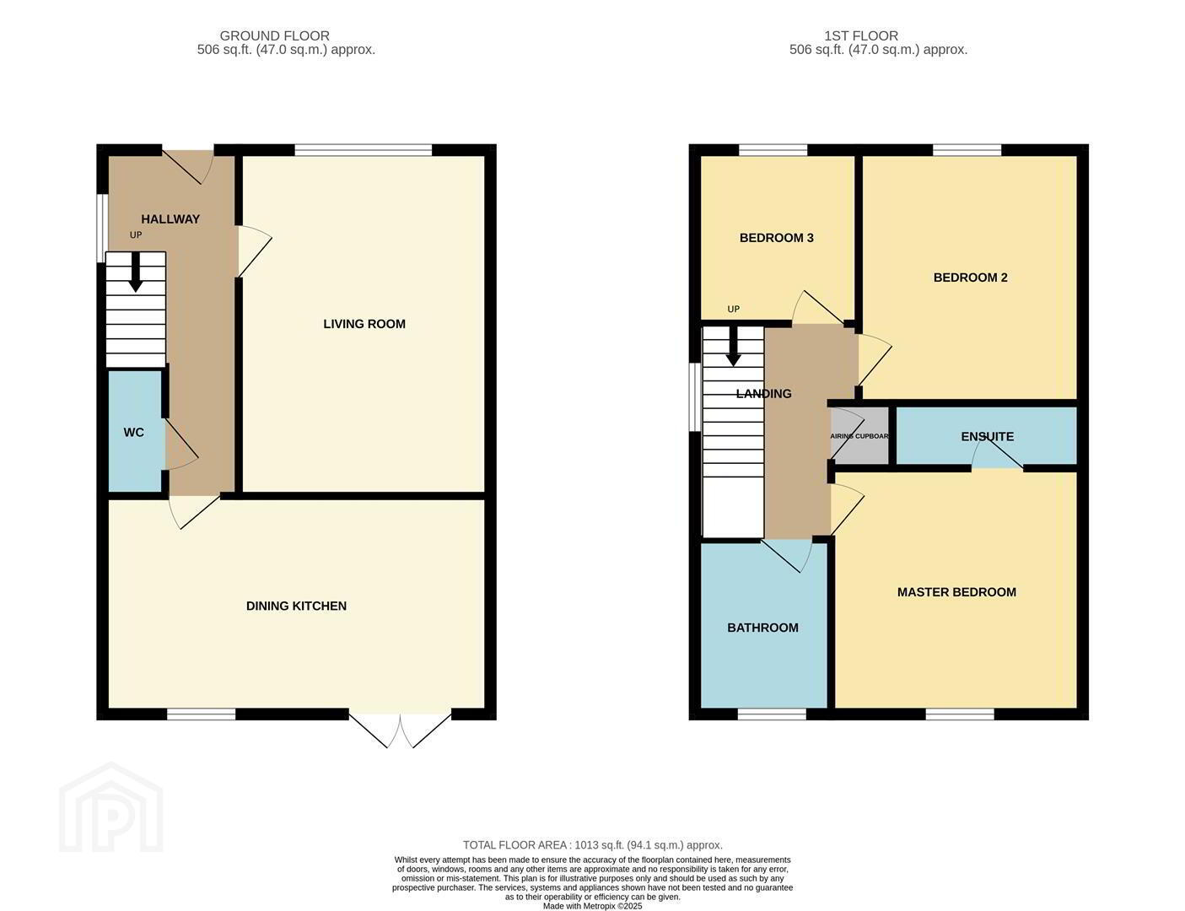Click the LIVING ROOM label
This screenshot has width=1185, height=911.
coord(364,324)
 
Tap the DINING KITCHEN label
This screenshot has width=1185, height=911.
coord(296,606)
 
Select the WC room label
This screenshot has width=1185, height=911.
coord(133,433)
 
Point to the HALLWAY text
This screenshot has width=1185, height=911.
coord(170,219)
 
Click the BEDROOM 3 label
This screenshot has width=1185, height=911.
coord(777,238)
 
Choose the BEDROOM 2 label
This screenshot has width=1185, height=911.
coord(970,278)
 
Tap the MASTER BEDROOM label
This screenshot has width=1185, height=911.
coord(956,592)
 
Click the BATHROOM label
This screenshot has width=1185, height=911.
coord(762,628)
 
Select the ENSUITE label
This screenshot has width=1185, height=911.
coord(987,436)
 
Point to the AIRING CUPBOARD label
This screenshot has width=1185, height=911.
coord(859,436)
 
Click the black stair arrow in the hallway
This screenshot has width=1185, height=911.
coord(135,272)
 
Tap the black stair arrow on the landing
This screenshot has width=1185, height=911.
coord(734,346)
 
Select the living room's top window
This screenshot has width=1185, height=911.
coord(364,149)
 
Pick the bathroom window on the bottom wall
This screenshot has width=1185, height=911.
coord(772,714)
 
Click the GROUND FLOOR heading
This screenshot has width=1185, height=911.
coord(274,36)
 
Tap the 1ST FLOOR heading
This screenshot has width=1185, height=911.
coord(861,36)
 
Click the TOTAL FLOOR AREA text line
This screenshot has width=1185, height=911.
coord(593,845)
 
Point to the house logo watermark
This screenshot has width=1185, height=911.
coord(110,807)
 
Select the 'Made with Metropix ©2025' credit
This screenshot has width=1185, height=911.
coord(592,906)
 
